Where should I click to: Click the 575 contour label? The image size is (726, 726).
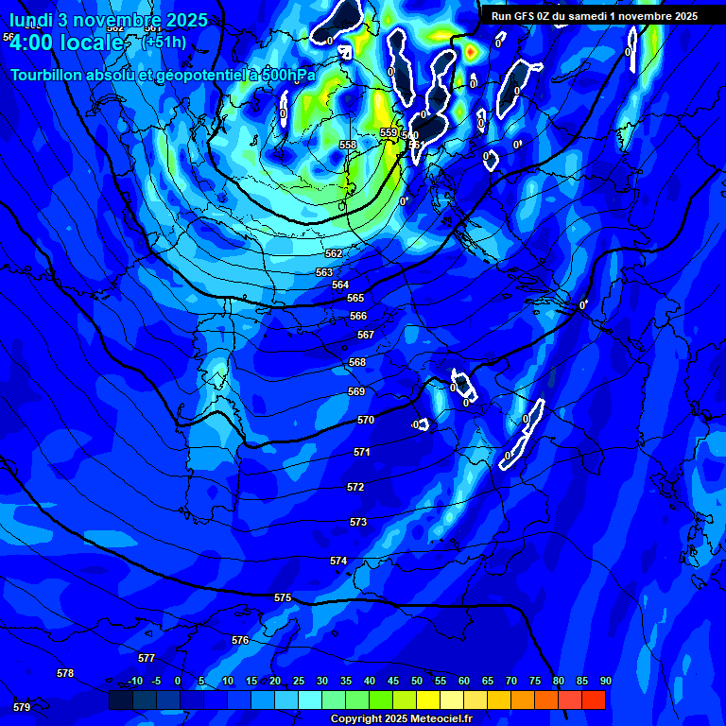tap(283, 598)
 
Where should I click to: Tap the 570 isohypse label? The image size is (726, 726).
tap(366, 420)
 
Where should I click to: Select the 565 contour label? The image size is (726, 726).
tap(355, 298)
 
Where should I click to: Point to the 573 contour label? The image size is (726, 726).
tap(358, 522)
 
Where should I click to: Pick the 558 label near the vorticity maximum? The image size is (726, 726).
tap(349, 145)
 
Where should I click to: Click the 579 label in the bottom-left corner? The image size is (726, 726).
tap(22, 706)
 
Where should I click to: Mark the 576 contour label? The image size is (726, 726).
tap(240, 640)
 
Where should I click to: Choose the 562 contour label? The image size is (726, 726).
tap(334, 253)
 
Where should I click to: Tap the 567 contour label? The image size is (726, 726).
tap(366, 335)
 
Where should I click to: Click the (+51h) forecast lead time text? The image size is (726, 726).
tap(164, 43)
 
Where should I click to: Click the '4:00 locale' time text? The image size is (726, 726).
tap(72, 43)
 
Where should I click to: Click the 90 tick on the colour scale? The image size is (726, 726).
tap(605, 682)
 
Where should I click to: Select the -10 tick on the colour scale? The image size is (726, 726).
tap(135, 682)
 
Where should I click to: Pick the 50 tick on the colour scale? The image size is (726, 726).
tap(417, 682)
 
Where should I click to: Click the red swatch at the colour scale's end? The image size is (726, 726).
tap(594, 700)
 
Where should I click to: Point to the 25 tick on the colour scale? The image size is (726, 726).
tap(299, 682)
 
